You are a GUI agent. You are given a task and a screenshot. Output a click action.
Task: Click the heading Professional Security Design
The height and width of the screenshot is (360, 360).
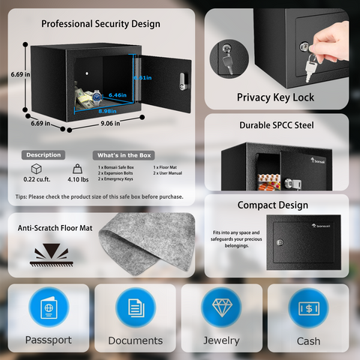click(100, 24)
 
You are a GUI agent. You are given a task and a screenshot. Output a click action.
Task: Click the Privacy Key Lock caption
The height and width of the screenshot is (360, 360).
click(275, 97)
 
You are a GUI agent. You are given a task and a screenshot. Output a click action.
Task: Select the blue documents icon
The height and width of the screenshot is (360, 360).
click(135, 310)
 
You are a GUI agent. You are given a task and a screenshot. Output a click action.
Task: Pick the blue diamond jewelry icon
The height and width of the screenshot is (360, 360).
click(223, 310)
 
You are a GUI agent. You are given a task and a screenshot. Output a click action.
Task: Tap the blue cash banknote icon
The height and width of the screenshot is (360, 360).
click(309, 310)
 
